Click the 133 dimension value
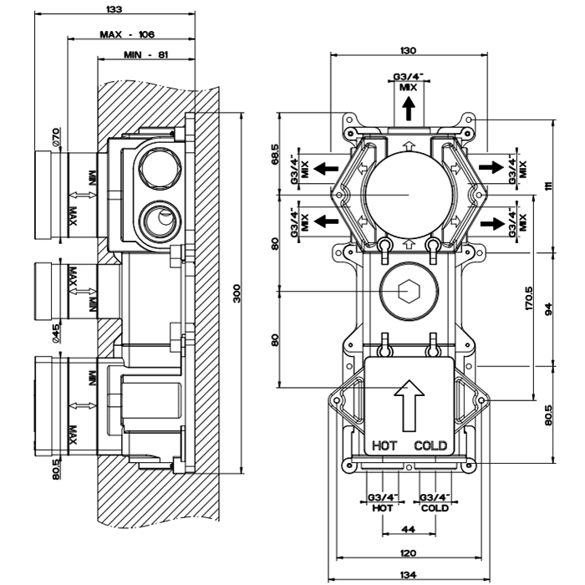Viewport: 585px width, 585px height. click(x=114, y=9)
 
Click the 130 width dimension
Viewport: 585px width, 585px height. click(x=408, y=51)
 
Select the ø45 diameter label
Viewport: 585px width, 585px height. click(x=54, y=333)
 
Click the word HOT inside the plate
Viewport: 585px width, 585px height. click(x=385, y=445)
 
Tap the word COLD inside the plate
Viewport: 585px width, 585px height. click(x=430, y=445)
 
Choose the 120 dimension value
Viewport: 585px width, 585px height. click(x=408, y=553)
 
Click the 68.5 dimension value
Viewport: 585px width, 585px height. click(x=274, y=155)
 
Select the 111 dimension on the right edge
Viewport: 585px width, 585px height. click(x=550, y=186)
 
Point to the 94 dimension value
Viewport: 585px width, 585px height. click(x=550, y=308)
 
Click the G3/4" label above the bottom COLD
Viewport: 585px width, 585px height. click(x=435, y=497)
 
